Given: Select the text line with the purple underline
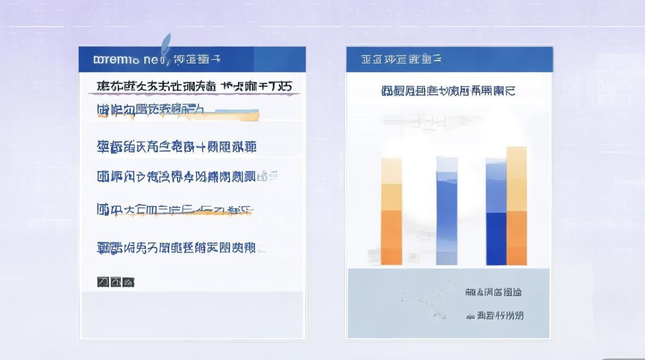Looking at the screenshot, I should click(194, 87).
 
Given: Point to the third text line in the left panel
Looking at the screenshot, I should click(177, 146).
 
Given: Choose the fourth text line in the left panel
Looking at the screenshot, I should click(187, 176).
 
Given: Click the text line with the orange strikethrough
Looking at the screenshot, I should click(175, 210).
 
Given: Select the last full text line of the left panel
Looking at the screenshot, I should click(177, 248).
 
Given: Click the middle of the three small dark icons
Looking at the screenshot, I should click(116, 282).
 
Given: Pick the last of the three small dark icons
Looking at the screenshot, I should click(128, 282).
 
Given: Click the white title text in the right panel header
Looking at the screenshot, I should click(401, 60).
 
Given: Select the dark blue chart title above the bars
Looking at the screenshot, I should click(448, 91).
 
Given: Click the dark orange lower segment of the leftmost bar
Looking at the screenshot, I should click(391, 238).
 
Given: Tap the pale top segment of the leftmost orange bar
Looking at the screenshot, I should click(391, 170).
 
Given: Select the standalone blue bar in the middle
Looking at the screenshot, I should click(447, 211).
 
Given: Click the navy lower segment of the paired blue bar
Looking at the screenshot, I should click(496, 239).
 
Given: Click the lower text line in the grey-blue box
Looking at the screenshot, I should click(495, 315).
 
